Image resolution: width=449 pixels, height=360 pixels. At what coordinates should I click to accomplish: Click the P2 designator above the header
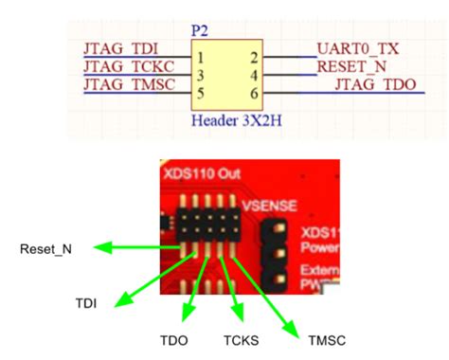click(x=201, y=30)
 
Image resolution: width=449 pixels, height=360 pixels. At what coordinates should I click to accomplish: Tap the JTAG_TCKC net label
click(x=127, y=67)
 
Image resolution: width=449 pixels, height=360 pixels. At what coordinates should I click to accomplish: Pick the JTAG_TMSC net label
click(x=128, y=85)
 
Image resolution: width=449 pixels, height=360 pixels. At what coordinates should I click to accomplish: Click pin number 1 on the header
click(x=199, y=58)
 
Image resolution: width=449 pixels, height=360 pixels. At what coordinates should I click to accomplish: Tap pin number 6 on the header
click(x=254, y=94)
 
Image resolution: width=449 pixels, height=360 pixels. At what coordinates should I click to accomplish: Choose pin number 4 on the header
click(x=254, y=76)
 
